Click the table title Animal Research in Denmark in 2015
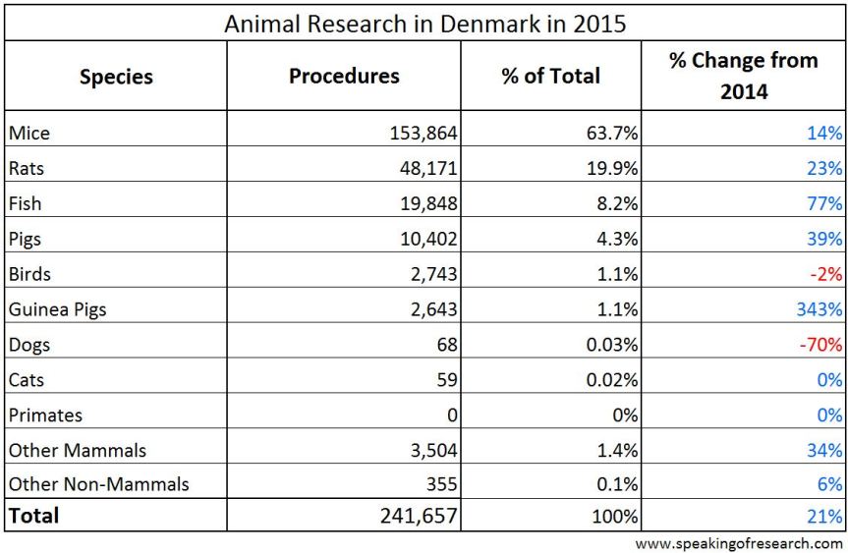tap(424, 22)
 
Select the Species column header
tap(116, 76)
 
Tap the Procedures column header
tap(344, 76)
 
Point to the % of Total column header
tap(550, 76)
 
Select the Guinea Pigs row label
tap(57, 309)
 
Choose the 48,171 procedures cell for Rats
tap(429, 168)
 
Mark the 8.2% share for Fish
tap(616, 203)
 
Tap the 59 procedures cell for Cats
tap(447, 380)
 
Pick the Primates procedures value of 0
tap(453, 415)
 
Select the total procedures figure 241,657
tap(420, 516)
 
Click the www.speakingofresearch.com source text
tap(739, 543)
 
